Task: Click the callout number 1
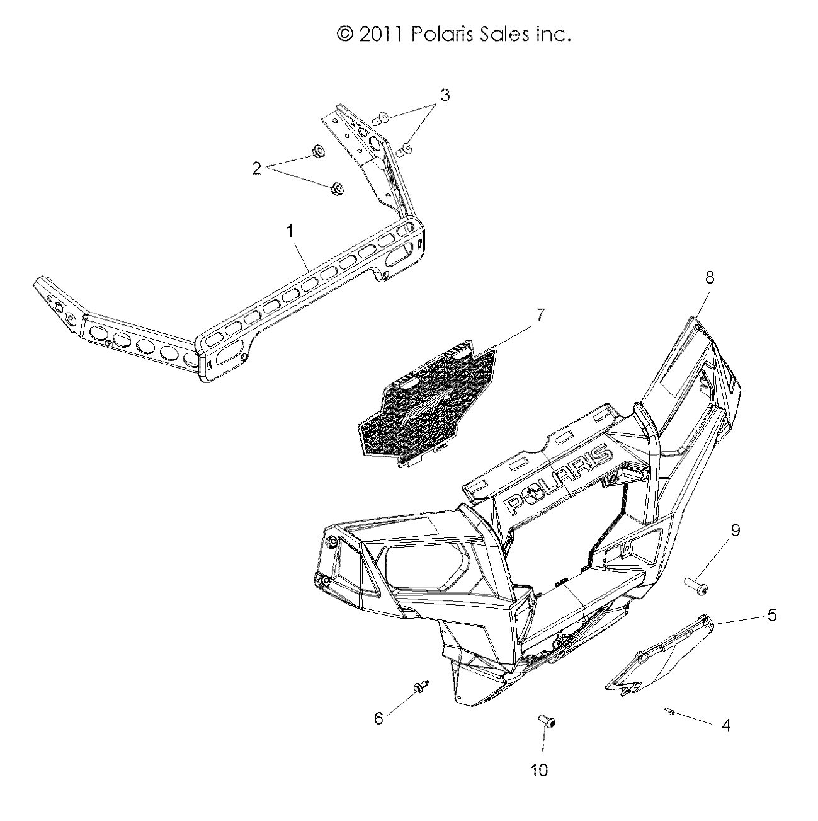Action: point(290,232)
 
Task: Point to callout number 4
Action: point(725,725)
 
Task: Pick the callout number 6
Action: point(378,718)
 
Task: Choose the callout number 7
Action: point(540,314)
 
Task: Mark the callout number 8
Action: point(710,278)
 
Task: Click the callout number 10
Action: point(540,769)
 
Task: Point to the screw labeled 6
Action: point(419,687)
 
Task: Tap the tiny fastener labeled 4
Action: point(670,711)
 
